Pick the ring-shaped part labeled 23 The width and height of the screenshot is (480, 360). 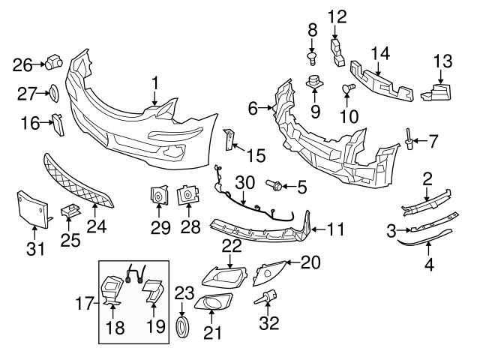tap(183, 327)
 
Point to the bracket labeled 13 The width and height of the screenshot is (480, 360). tap(437, 91)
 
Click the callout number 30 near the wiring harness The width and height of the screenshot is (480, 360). tap(244, 182)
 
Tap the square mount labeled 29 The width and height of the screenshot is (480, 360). tap(158, 196)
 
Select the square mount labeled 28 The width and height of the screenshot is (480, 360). tap(185, 197)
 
